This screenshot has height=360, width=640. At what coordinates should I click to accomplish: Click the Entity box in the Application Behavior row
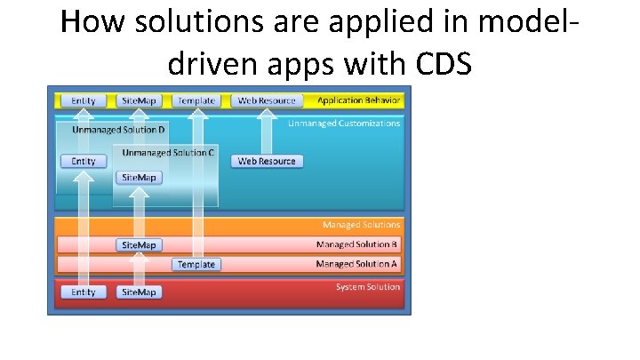(x=84, y=101)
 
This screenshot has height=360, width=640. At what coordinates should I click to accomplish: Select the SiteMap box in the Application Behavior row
(x=139, y=101)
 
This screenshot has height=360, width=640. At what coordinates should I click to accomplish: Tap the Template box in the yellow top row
(x=196, y=101)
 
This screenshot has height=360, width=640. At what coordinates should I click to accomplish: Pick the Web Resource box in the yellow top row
(x=267, y=101)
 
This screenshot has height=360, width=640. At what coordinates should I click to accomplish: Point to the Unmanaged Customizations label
(x=344, y=124)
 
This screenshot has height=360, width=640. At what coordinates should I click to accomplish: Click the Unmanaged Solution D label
(x=118, y=130)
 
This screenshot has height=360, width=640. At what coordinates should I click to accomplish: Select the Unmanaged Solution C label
(x=168, y=153)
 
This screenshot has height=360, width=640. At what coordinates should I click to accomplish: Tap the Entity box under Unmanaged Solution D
(x=84, y=161)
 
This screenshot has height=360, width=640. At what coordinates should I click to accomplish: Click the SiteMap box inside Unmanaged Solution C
(x=139, y=178)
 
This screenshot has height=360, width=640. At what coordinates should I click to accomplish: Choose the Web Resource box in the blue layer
(x=267, y=161)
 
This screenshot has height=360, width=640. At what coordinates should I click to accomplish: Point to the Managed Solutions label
(x=361, y=226)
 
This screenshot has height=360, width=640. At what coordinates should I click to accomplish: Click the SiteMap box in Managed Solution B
(x=139, y=244)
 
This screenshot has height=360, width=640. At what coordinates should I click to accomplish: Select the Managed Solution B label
(x=357, y=244)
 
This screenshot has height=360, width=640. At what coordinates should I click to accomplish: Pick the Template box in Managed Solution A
(x=196, y=264)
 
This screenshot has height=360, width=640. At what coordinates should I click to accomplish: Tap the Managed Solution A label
(x=357, y=264)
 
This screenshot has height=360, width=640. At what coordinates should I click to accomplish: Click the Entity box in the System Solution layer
(x=84, y=292)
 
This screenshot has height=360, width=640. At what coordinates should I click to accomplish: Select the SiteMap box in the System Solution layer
(x=139, y=292)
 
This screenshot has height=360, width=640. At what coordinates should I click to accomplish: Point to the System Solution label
(x=367, y=286)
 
